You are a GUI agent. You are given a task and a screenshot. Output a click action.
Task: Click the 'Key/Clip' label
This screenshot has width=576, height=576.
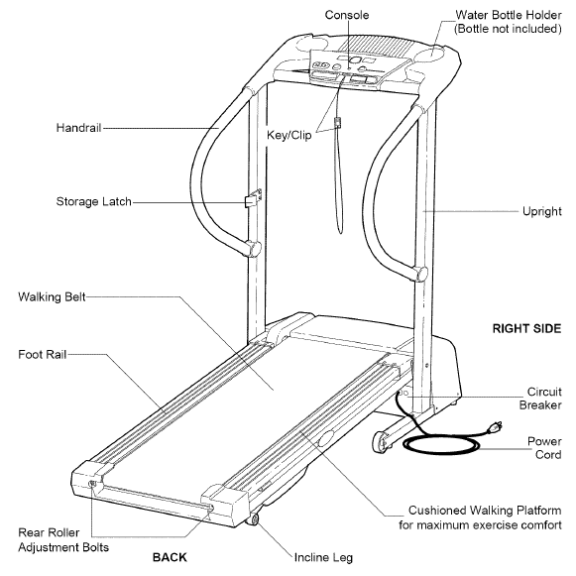pyautogui.click(x=288, y=136)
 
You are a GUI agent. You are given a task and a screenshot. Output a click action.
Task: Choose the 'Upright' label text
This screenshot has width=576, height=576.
pyautogui.click(x=540, y=211)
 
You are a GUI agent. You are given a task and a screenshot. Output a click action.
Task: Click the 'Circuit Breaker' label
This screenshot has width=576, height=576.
pyautogui.click(x=539, y=397)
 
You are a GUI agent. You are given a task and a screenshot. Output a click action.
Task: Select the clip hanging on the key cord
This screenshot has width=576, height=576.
pyautogui.click(x=337, y=124)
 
